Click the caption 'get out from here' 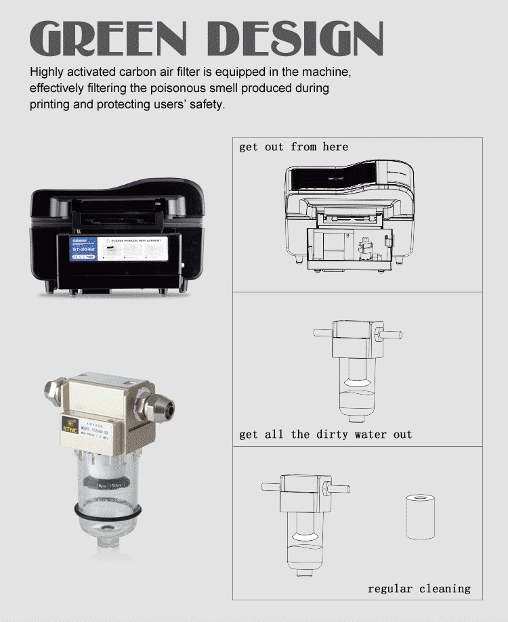tap(293, 147)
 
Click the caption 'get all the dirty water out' tap(325, 435)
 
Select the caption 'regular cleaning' tap(419, 589)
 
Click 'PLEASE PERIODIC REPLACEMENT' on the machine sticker tap(139, 240)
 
